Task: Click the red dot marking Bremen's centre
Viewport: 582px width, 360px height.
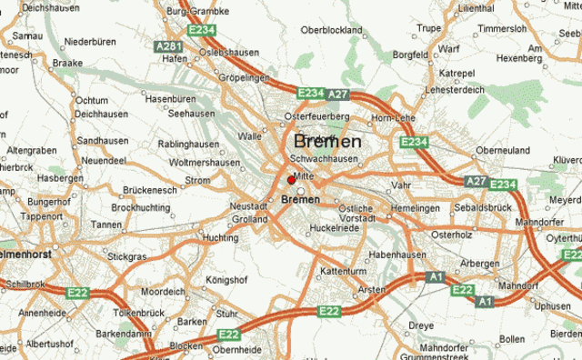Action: (x=291, y=180)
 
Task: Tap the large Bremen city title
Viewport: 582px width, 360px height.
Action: (x=327, y=143)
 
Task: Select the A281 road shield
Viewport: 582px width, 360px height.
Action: (x=168, y=46)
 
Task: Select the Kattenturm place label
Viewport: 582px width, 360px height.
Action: (x=344, y=271)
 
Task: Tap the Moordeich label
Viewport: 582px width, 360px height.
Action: (x=164, y=292)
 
